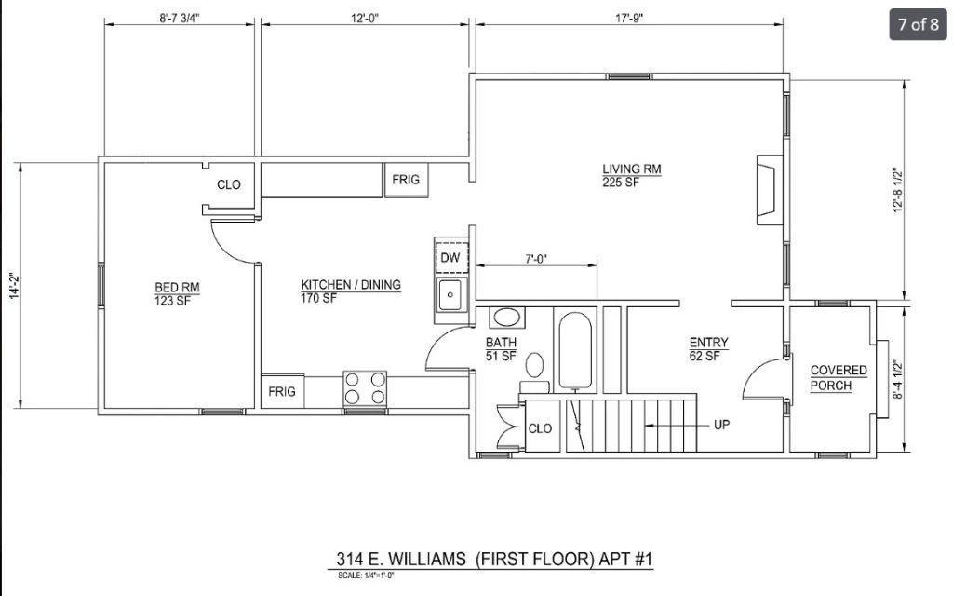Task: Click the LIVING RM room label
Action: [632, 169]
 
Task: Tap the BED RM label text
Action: [177, 287]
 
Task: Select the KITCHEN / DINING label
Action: [351, 285]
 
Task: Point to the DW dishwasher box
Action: [451, 257]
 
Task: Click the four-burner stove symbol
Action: [365, 388]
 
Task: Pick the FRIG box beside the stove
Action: [283, 391]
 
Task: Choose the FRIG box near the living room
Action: [406, 180]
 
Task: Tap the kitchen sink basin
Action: [450, 295]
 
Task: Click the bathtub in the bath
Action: [574, 351]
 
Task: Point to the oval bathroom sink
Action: [506, 318]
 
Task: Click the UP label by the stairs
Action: [721, 425]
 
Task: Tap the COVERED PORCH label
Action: [839, 378]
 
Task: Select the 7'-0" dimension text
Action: [536, 259]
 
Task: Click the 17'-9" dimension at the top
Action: [629, 18]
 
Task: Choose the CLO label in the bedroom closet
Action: [229, 184]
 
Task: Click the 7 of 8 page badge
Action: [919, 24]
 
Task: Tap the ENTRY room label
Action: [708, 343]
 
